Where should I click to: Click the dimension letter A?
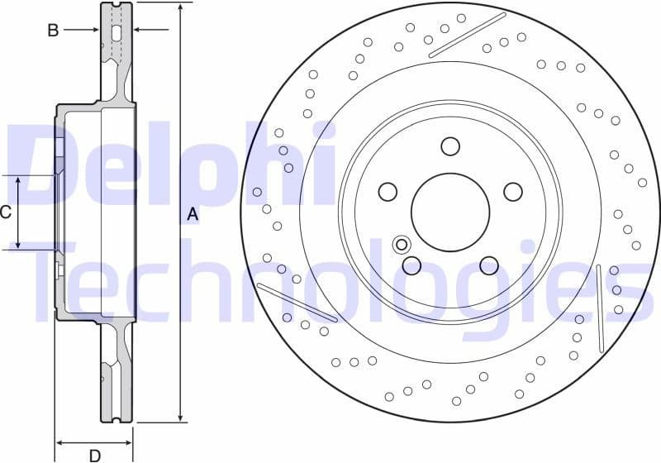[x=193, y=214]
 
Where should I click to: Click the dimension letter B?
[x=53, y=31]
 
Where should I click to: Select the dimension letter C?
[x=6, y=212]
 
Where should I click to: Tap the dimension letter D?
[x=95, y=455]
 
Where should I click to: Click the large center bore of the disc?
[x=449, y=212]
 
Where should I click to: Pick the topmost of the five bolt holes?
[x=449, y=146]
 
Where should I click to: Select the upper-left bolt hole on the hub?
[x=388, y=192]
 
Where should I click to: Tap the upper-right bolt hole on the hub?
[x=512, y=192]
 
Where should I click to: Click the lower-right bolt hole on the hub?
[x=488, y=265]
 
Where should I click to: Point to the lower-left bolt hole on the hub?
[x=411, y=265]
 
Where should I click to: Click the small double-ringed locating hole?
[x=402, y=244]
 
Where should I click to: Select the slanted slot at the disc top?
[x=467, y=35]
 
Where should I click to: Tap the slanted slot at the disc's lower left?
[x=297, y=302]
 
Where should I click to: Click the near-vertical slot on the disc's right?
[x=601, y=308]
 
